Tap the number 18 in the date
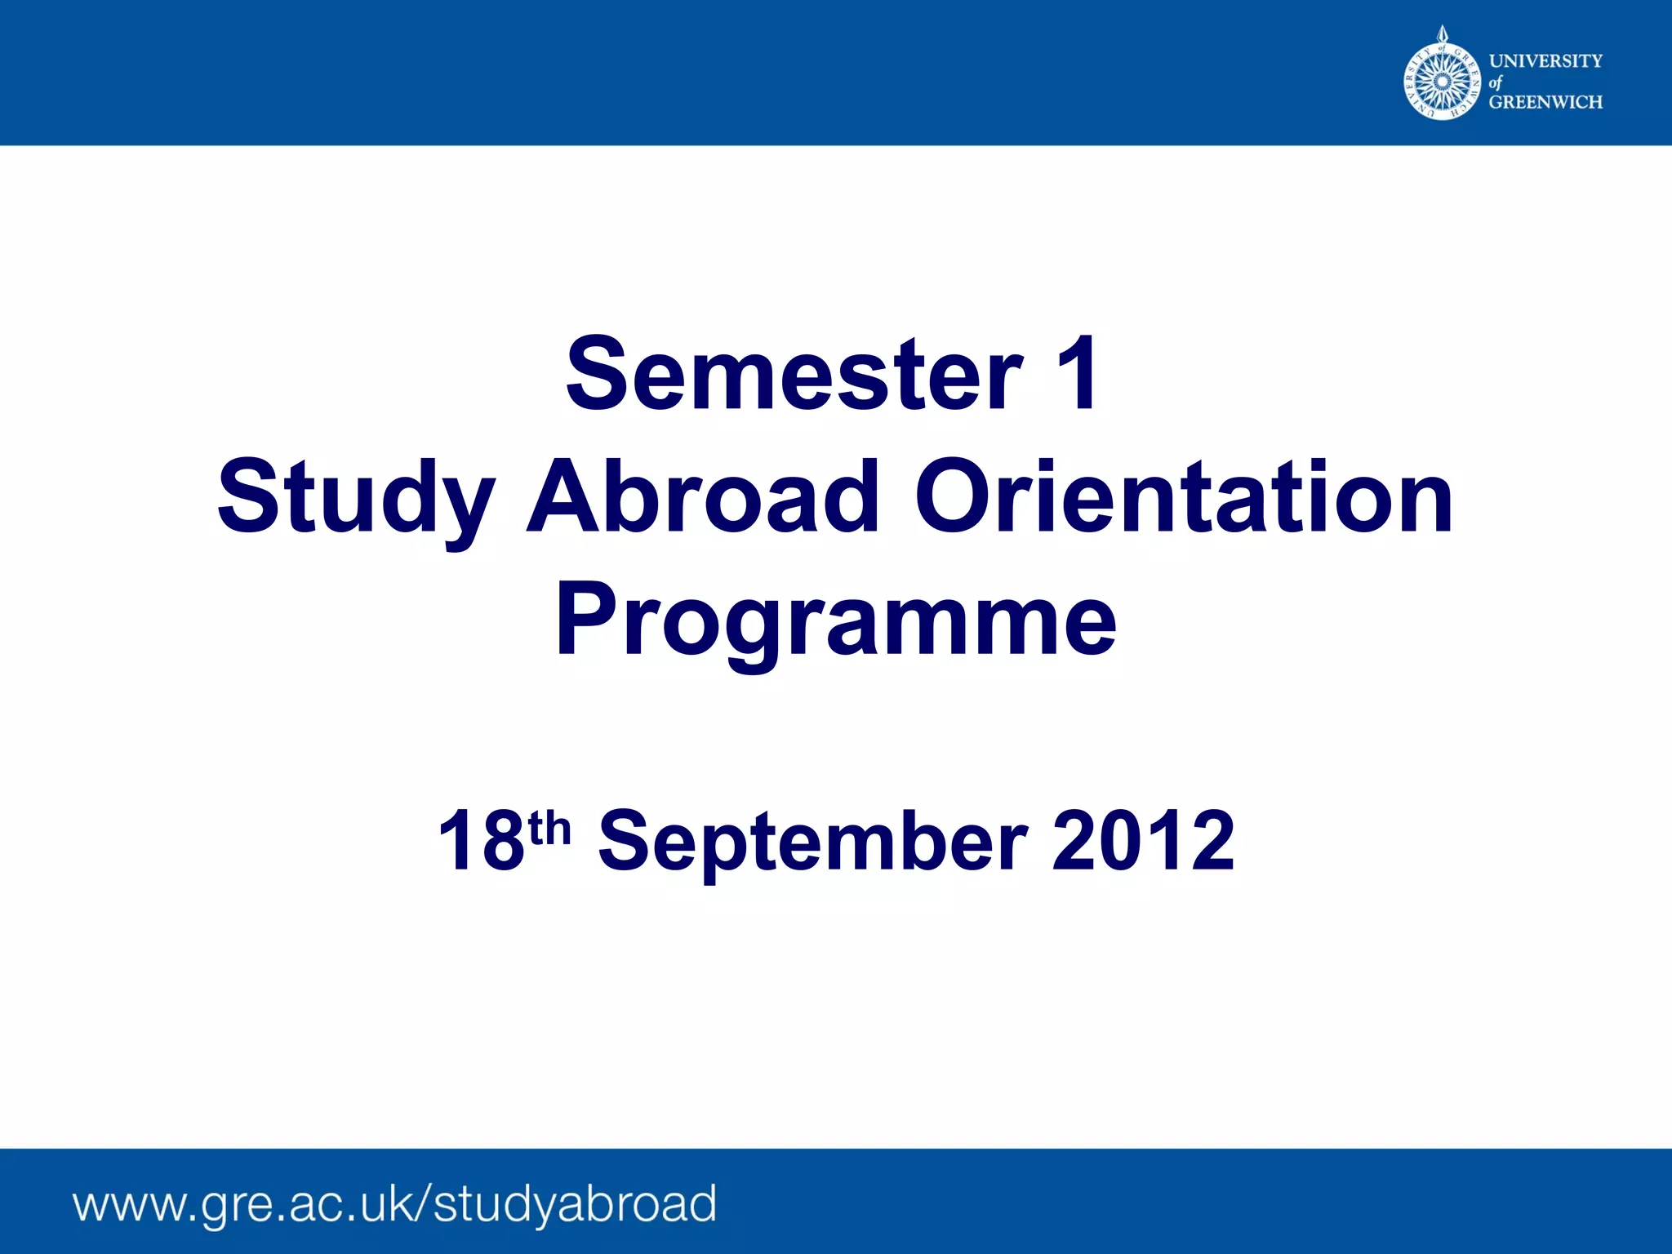[481, 841]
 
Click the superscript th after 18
[549, 828]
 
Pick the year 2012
[1143, 841]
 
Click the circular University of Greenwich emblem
[1442, 81]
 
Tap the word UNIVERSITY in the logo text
[1545, 60]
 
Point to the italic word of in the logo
[1495, 82]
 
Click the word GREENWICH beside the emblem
[1545, 102]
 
